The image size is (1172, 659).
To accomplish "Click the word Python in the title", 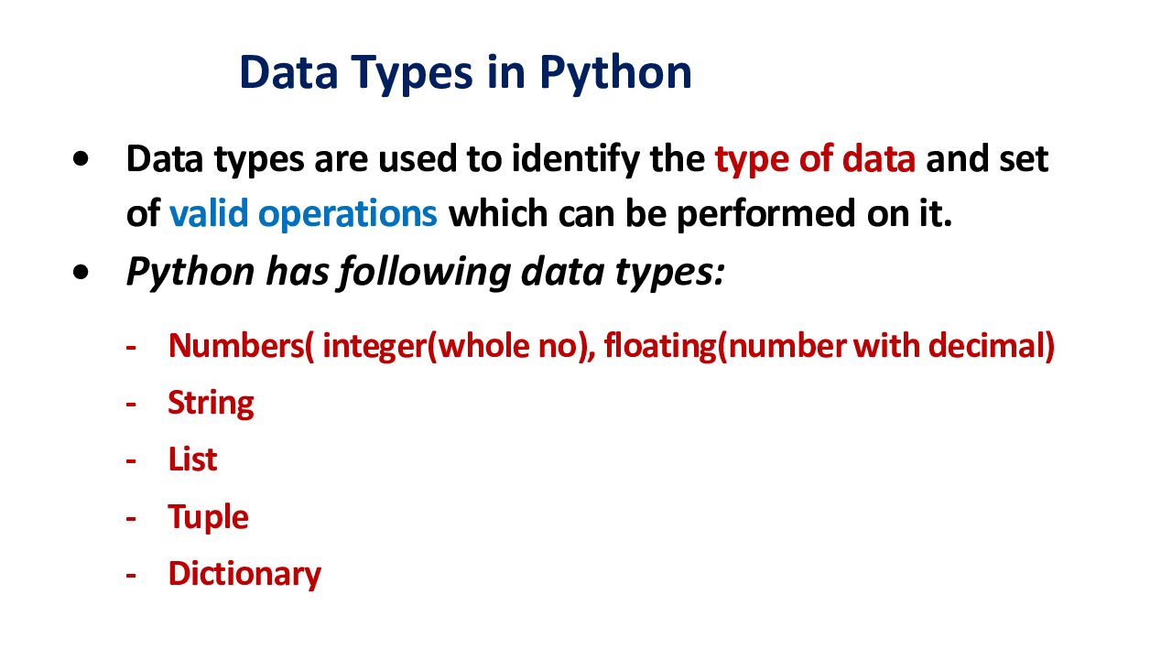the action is click(x=616, y=74).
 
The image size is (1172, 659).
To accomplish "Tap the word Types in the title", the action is click(x=412, y=74).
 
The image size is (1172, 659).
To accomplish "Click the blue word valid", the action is click(x=209, y=212).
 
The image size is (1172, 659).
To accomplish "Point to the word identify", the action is click(x=575, y=159).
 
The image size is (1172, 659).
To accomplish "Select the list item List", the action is click(x=192, y=459).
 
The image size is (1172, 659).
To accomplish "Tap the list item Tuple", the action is click(x=208, y=518).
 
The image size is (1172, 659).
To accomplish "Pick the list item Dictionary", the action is click(x=244, y=574).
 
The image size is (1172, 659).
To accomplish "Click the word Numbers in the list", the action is click(x=235, y=346).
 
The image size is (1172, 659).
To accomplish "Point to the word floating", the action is click(x=660, y=347).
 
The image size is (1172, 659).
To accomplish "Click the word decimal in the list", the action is click(x=987, y=346).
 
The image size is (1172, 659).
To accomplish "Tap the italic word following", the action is click(x=425, y=273).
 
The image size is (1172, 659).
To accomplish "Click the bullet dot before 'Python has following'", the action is click(x=81, y=272).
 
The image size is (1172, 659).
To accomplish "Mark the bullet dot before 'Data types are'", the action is click(x=81, y=159).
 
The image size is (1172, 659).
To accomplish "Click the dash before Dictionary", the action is click(x=131, y=576).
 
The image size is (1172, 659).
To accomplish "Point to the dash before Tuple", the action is click(x=131, y=518).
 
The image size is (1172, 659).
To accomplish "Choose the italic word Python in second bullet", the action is click(x=190, y=273).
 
